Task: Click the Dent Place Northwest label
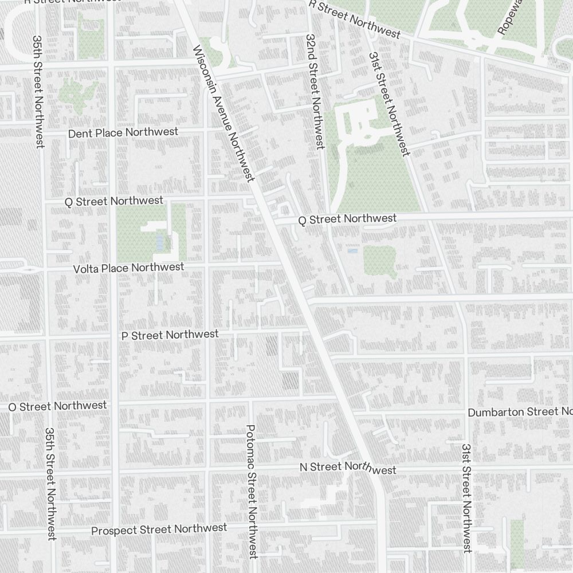coord(123,132)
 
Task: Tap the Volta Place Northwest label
coord(129,268)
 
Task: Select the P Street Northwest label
coord(170,335)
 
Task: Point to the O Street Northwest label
coord(57,406)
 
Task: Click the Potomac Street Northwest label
coord(251,490)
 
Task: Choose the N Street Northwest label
coord(348,468)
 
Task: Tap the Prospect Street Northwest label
coord(159,529)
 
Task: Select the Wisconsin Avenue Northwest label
coord(224,113)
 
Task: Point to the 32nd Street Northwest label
coord(313,91)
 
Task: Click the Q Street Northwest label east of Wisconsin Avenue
coord(347,219)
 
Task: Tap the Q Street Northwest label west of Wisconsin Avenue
coord(114,201)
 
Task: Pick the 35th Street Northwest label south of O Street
coord(51,483)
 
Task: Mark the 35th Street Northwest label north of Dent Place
coord(38,92)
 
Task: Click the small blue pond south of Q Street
coord(352,251)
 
